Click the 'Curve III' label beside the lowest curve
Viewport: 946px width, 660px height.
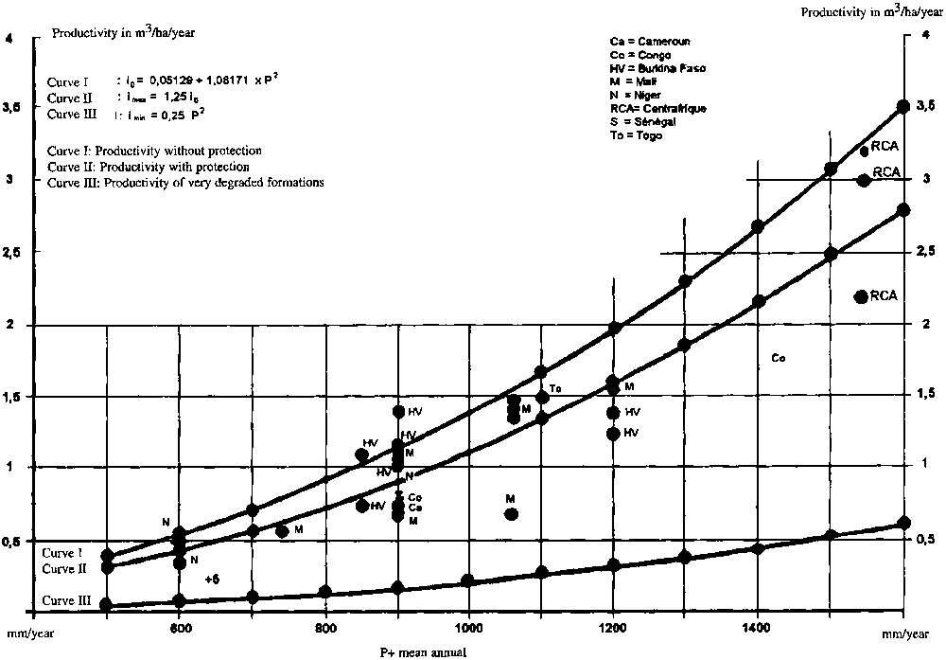[x=65, y=601]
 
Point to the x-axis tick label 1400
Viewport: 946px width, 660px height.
[x=757, y=627]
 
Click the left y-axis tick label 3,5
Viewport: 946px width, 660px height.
[x=12, y=108]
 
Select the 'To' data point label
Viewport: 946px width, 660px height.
[x=555, y=388]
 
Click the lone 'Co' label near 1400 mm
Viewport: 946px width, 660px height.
[x=779, y=358]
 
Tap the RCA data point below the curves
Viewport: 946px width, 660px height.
[x=861, y=296]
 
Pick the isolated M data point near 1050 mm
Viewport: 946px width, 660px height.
[x=512, y=514]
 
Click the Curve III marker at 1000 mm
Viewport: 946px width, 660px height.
[x=467, y=580]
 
